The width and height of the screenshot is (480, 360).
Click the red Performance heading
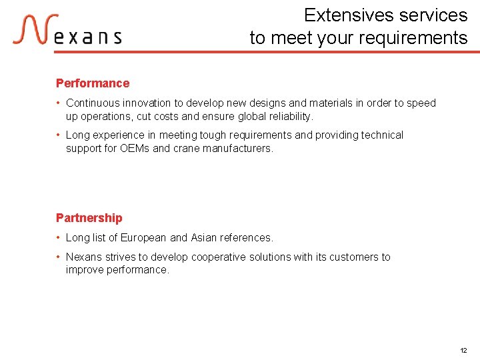pyautogui.click(x=93, y=83)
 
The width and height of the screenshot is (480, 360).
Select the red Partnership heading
pyautogui.click(x=89, y=218)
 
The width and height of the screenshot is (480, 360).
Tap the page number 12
pyautogui.click(x=463, y=350)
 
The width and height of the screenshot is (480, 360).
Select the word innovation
pyautogui.click(x=149, y=103)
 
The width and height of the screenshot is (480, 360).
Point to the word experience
pyautogui.click(x=117, y=135)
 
